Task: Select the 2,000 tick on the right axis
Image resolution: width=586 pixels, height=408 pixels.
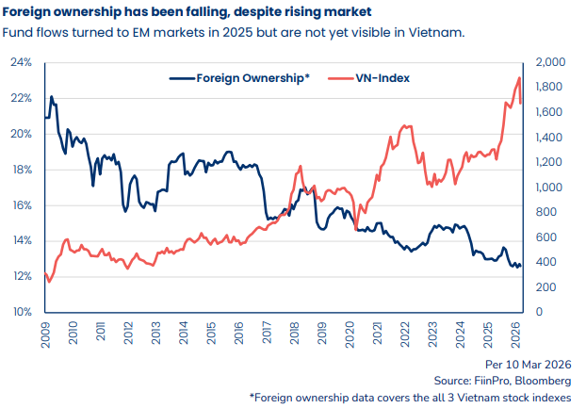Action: tap(551, 62)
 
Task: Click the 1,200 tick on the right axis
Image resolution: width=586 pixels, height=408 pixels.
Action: tap(551, 162)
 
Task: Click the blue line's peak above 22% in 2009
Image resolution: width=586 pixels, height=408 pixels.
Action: tap(51, 97)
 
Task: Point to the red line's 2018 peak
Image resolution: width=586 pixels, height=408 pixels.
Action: tap(300, 167)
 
